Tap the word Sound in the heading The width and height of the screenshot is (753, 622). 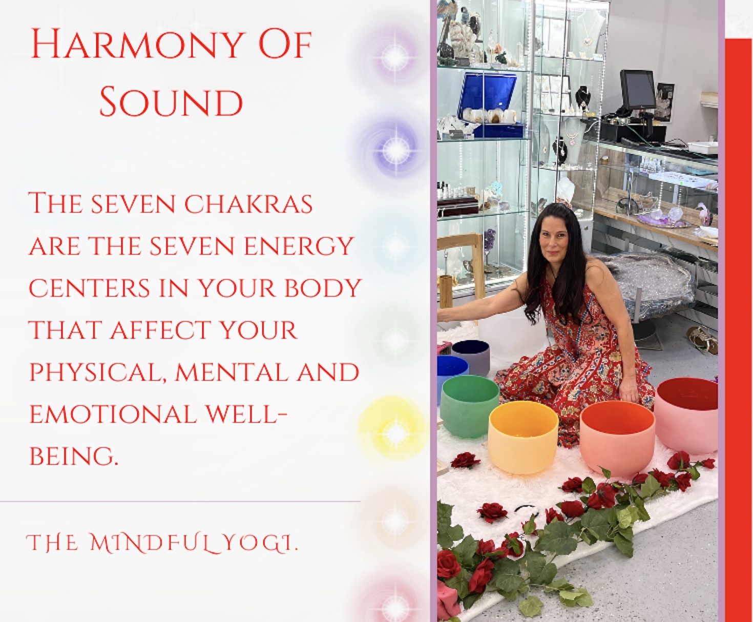pyautogui.click(x=171, y=102)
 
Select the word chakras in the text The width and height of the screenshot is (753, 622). pyautogui.click(x=248, y=204)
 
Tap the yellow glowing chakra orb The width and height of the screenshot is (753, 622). pyautogui.click(x=395, y=433)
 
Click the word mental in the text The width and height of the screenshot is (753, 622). pyautogui.click(x=227, y=372)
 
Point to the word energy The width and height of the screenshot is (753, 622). pyautogui.click(x=299, y=246)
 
